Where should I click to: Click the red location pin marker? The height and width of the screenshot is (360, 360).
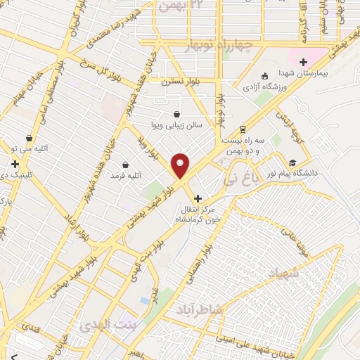click(181, 165)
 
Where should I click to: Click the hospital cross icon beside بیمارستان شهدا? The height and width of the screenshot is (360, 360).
click(303, 62)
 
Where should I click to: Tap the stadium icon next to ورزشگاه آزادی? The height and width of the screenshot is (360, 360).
click(265, 76)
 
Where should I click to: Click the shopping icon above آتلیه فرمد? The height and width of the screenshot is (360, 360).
click(126, 164)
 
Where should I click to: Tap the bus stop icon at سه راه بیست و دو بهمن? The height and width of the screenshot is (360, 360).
click(243, 129)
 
